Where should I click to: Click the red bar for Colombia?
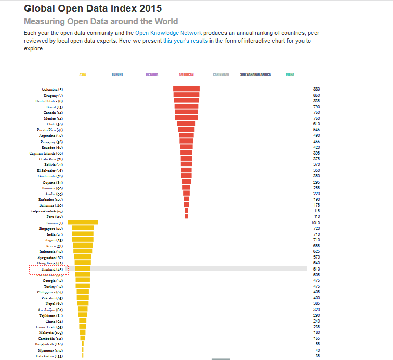(x=186, y=89)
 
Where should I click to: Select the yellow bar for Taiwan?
(x=83, y=222)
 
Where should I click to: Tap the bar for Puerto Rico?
(x=186, y=130)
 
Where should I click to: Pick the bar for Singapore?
(x=83, y=228)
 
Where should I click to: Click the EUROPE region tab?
(x=117, y=75)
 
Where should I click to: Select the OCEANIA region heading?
(x=152, y=75)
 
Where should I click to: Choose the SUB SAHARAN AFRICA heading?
(x=255, y=75)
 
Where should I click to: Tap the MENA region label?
(x=290, y=75)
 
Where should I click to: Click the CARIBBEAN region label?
(x=221, y=75)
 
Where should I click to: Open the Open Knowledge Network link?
(x=168, y=33)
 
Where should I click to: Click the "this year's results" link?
(x=186, y=41)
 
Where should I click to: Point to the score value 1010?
(x=316, y=223)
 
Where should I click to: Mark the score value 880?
(x=317, y=89)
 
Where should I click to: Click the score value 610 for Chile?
(x=317, y=124)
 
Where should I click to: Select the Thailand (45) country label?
(x=52, y=269)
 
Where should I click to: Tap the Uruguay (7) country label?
(x=53, y=95)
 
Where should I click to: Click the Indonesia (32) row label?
(x=51, y=252)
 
